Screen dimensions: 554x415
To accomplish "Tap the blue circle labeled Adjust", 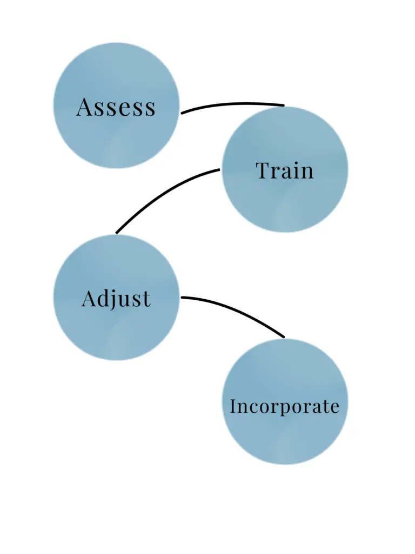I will pyautogui.click(x=116, y=330).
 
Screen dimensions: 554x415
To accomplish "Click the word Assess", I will pyautogui.click(x=116, y=107).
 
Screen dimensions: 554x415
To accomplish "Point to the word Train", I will pyautogui.click(x=285, y=171).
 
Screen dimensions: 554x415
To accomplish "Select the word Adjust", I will pyautogui.click(x=116, y=299).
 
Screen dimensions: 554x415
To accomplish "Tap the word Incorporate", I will pyautogui.click(x=285, y=406).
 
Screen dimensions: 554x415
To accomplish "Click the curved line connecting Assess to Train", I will pyautogui.click(x=232, y=104).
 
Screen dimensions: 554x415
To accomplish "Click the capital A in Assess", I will pyautogui.click(x=84, y=107).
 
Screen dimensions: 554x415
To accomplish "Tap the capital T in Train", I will pyautogui.click(x=263, y=170).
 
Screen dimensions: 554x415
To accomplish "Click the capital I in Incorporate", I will pyautogui.click(x=233, y=406).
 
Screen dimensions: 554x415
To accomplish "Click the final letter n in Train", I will pyautogui.click(x=306, y=172).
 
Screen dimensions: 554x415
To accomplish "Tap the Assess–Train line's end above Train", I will pyautogui.click(x=282, y=105).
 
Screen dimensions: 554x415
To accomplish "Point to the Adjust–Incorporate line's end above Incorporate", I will pyautogui.click(x=282, y=337).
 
